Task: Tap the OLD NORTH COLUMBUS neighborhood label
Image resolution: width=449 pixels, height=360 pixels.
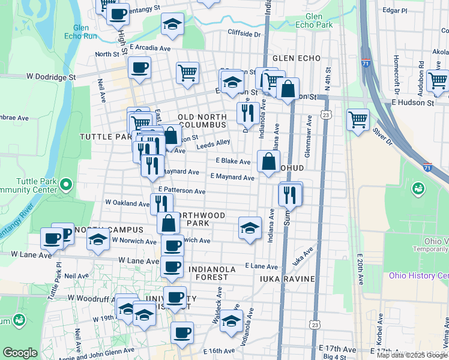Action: pyautogui.click(x=202, y=120)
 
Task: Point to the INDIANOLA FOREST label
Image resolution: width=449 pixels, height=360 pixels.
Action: pyautogui.click(x=217, y=272)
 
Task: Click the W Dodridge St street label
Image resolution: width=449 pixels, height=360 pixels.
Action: pyautogui.click(x=52, y=77)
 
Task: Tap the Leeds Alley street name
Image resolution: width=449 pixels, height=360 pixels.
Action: pyautogui.click(x=214, y=143)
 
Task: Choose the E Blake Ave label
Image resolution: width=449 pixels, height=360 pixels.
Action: pyautogui.click(x=233, y=161)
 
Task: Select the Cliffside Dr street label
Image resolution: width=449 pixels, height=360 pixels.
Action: pyautogui.click(x=244, y=34)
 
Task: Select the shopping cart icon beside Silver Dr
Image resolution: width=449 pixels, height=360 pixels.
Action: pyautogui.click(x=358, y=119)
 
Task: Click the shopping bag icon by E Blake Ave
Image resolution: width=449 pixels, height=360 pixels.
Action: pyautogui.click(x=268, y=161)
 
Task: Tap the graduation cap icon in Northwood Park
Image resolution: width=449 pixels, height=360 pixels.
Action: pyautogui.click(x=250, y=228)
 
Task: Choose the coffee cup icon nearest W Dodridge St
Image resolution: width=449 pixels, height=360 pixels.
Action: pyautogui.click(x=140, y=68)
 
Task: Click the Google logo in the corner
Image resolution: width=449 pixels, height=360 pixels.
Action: pyautogui.click(x=20, y=353)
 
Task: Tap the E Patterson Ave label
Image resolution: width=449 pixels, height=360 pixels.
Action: pyautogui.click(x=182, y=191)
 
